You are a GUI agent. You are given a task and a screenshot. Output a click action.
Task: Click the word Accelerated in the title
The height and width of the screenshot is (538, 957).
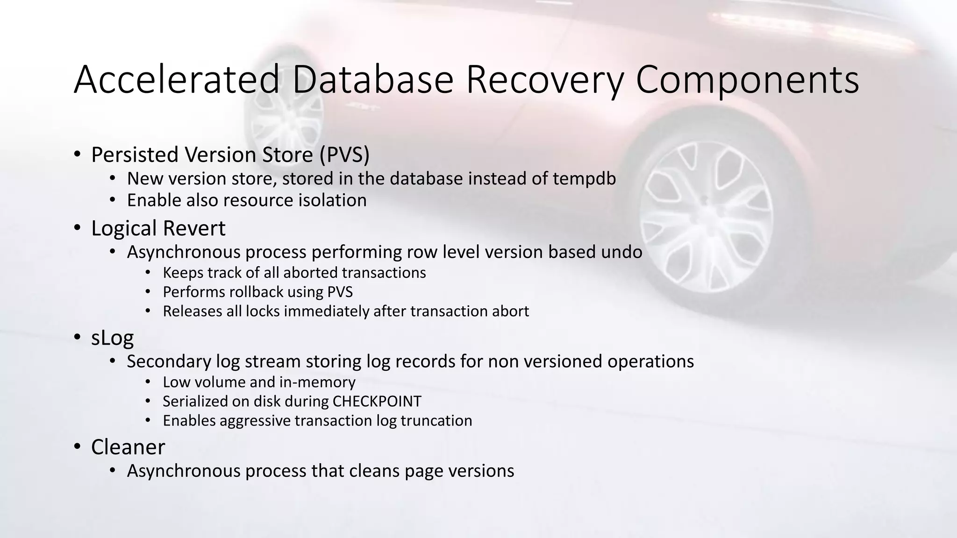coord(177,79)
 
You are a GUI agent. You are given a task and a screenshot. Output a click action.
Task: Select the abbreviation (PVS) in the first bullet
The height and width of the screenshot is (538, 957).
coord(344,155)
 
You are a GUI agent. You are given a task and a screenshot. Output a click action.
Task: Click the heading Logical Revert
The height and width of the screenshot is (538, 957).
coord(158,228)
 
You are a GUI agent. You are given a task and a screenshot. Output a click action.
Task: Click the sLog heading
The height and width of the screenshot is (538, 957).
coord(112,338)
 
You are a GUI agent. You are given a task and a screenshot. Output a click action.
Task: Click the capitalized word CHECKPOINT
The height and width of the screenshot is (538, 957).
coord(377,401)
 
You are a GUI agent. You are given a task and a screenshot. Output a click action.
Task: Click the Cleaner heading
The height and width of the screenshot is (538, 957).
coord(128,447)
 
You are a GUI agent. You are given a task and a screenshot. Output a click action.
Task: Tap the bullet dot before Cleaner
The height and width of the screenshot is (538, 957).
coord(77,447)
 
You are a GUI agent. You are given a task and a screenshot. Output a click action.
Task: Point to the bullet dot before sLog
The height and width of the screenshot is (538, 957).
coord(77,338)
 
